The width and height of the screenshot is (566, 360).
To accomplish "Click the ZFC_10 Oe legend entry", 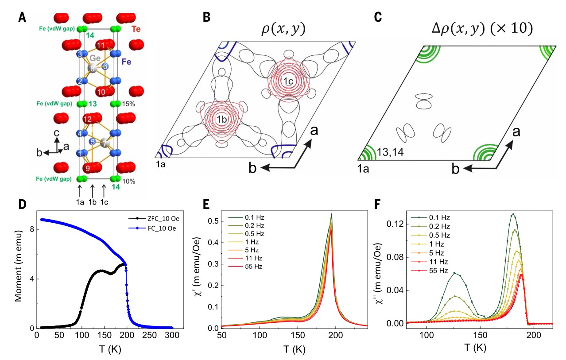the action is [154, 218].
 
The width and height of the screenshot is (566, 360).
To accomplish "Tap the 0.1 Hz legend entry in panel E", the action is [246, 217].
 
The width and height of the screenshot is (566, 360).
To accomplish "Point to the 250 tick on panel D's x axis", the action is [149, 335].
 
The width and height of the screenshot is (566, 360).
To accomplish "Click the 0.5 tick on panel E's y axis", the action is [213, 221].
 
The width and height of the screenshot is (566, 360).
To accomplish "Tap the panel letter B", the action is [206, 17].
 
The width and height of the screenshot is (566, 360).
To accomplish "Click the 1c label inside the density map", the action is [288, 81].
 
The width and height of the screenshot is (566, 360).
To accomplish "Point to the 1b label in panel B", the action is [221, 119].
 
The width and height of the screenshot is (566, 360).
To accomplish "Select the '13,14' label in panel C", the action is [390, 152].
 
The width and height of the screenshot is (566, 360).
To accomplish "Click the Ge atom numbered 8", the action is [92, 68].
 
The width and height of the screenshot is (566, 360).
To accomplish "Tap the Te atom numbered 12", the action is [88, 119].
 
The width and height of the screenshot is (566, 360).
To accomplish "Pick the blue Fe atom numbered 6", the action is [105, 66].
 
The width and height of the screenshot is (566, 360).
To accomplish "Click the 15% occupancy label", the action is [128, 104].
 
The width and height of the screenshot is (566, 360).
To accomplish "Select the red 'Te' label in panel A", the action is [136, 29].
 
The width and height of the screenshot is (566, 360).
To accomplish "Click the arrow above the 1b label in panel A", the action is [93, 191].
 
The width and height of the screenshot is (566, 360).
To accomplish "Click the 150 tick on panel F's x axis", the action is [480, 335].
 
